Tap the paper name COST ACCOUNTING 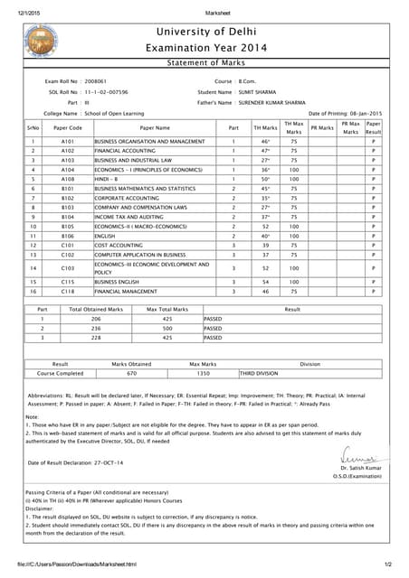119,245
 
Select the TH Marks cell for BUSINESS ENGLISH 265,282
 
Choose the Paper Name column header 155,128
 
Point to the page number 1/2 387,564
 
